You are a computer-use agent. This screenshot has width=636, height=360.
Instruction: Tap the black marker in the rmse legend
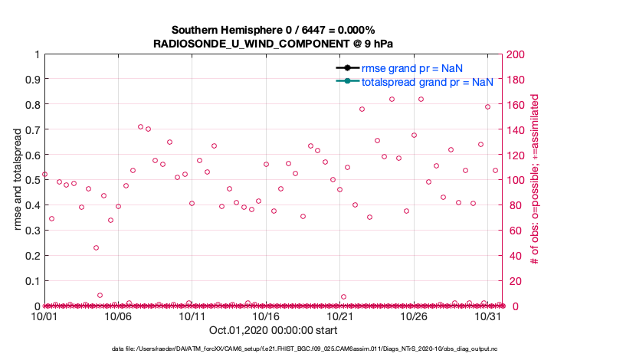(x=347, y=68)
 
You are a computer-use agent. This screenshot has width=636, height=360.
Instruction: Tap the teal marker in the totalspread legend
(x=347, y=81)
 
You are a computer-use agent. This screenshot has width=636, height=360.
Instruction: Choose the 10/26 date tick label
(x=414, y=316)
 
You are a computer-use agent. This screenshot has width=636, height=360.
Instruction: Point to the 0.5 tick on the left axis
(x=32, y=180)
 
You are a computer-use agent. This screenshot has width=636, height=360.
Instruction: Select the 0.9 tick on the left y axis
(x=32, y=79)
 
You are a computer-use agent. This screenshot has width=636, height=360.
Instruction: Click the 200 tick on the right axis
(x=514, y=54)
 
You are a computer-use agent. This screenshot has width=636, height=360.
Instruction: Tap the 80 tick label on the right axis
(x=512, y=205)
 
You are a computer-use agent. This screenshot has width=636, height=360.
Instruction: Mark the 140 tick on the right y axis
(x=514, y=129)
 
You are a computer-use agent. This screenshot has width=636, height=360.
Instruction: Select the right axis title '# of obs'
(x=536, y=180)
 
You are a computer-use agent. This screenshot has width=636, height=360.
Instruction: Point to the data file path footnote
(x=317, y=349)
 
